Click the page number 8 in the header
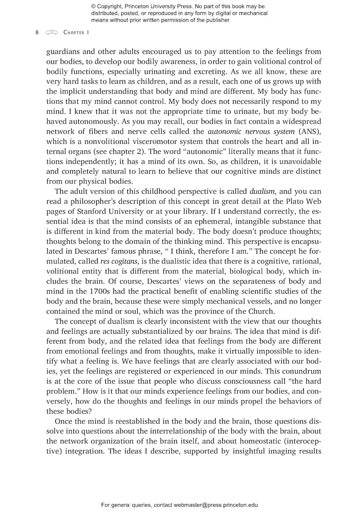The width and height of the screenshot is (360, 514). coord(37,33)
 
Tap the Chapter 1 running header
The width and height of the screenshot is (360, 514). coord(77,33)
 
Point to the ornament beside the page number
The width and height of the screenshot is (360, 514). coord(52,33)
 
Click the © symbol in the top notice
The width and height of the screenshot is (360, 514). coord(94,7)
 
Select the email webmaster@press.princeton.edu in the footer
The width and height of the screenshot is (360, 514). coord(206,505)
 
